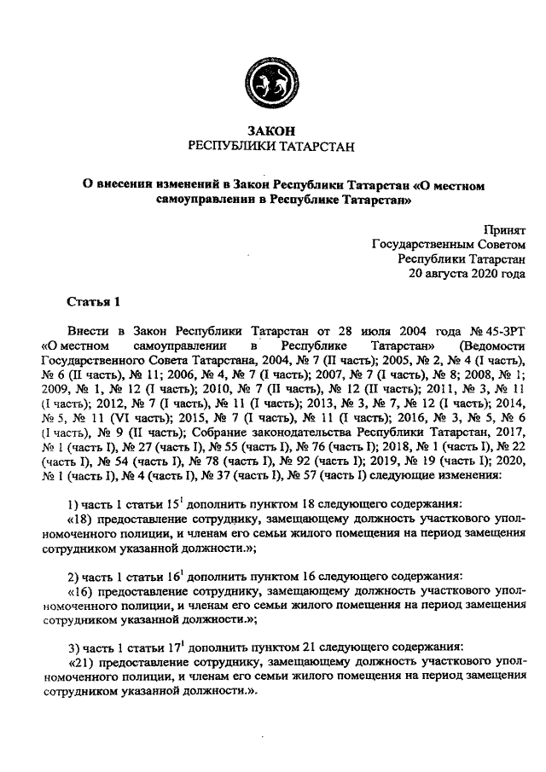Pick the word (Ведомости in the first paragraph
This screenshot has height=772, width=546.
coord(491,346)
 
